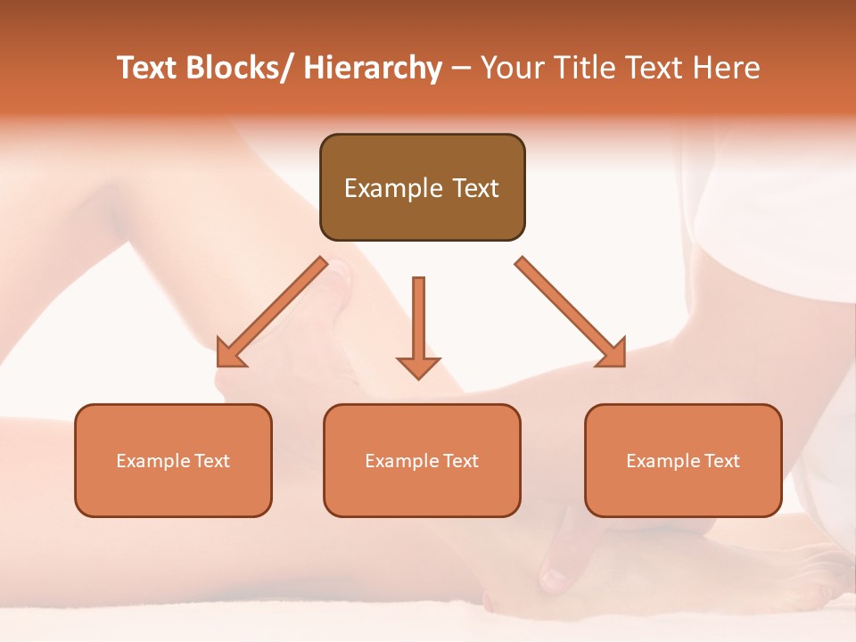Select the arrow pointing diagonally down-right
point(571,312)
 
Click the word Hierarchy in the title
point(373,68)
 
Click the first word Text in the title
point(148,68)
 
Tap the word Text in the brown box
point(474,188)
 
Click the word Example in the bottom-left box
point(152,461)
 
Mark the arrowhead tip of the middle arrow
point(418,379)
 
